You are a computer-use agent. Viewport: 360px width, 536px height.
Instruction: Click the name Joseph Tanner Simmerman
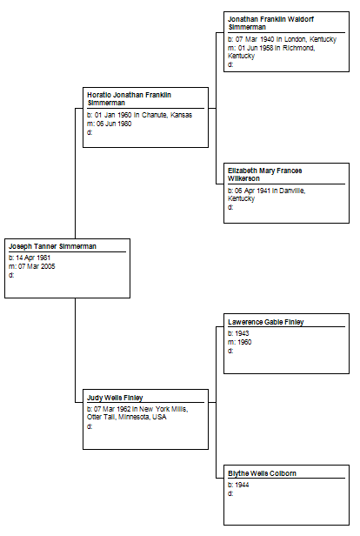point(52,246)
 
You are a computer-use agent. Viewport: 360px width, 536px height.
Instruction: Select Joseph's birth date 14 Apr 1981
point(33,258)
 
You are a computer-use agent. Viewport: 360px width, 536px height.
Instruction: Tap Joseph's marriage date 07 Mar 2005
point(37,266)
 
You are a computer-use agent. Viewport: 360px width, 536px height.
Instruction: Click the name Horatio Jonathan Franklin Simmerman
point(129,99)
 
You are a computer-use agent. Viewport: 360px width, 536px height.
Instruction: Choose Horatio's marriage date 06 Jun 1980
point(114,124)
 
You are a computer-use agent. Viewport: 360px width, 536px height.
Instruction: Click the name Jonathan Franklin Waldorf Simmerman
point(270,23)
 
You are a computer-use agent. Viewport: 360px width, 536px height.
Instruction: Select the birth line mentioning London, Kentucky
point(282,39)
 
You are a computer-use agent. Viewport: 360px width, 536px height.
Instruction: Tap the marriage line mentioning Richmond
point(271,51)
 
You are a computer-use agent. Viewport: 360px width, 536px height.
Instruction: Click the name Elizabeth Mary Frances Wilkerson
point(265,174)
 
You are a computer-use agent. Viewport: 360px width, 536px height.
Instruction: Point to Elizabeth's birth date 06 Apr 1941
point(252,191)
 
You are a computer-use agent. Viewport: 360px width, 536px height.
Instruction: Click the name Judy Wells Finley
point(115,398)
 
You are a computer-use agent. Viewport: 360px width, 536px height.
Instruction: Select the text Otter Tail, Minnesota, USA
point(127,417)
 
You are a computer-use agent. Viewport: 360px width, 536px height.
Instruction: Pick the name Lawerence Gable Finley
point(266,322)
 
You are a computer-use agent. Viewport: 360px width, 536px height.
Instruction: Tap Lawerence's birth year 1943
point(242,333)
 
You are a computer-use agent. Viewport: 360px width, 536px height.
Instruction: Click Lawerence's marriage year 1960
point(244,342)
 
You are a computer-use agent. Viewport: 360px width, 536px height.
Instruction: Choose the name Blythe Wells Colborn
point(262,473)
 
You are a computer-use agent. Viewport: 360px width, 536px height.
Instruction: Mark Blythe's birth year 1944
point(242,485)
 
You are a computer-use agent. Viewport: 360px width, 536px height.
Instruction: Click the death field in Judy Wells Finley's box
point(90,426)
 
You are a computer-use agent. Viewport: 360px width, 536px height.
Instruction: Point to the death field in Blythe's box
point(230,493)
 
